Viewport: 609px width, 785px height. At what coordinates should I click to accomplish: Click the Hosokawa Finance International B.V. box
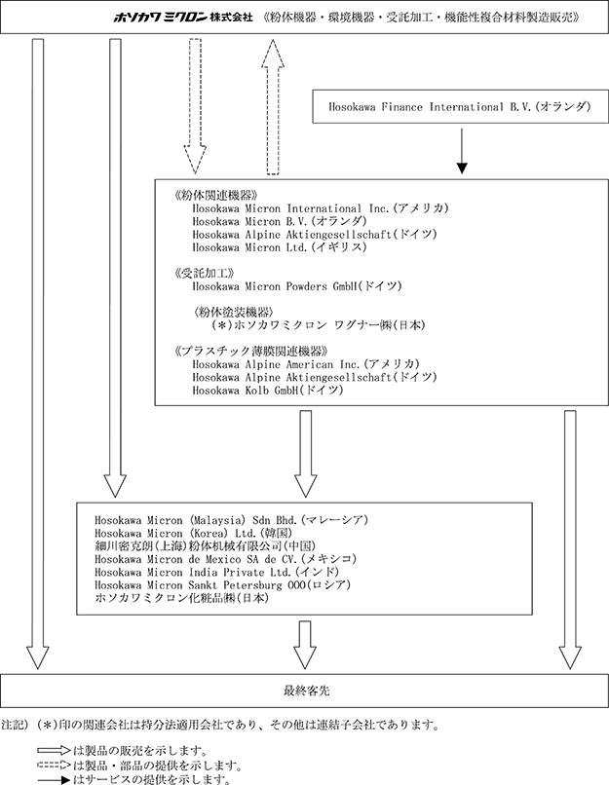point(460,106)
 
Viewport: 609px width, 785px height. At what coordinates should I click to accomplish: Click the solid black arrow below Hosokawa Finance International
point(462,151)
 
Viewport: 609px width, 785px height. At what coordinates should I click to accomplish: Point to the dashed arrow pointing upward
point(273,106)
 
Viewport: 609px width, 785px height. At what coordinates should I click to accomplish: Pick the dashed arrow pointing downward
point(195,106)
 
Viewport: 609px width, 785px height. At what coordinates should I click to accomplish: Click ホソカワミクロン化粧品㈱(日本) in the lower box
point(182,598)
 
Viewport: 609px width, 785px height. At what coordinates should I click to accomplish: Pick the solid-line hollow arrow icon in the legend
point(54,751)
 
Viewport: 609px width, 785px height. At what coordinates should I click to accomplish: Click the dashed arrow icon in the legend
point(54,766)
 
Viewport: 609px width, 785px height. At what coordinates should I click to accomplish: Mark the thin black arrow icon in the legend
point(54,779)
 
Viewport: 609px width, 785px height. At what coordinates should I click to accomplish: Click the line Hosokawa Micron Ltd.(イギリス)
point(280,247)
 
